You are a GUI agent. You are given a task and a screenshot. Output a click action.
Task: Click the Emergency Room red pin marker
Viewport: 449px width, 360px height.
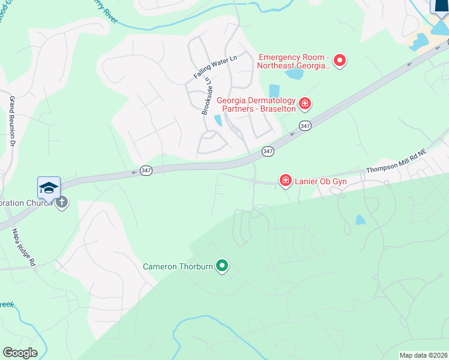340,60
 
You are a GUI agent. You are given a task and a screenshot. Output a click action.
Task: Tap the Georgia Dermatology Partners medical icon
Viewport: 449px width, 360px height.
305,104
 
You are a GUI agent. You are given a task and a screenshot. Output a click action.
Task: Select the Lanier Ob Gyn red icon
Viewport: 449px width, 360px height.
286,179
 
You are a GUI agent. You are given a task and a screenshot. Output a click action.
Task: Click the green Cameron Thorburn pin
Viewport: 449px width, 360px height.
222,265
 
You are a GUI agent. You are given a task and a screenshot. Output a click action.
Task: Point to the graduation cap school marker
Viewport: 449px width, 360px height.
49,188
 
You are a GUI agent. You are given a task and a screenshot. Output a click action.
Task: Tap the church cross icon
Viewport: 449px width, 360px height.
61,203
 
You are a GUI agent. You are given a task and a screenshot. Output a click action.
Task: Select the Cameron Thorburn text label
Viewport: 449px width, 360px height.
178,266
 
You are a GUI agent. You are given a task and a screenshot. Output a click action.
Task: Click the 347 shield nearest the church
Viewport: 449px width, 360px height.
146,171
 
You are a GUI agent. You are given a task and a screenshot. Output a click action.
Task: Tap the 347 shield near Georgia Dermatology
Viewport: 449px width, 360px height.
305,125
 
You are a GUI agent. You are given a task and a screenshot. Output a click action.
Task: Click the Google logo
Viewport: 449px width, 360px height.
20,353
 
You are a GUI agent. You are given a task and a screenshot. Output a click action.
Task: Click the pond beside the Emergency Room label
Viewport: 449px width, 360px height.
294,74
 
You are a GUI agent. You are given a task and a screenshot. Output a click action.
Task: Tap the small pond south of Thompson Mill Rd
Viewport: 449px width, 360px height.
360,220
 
